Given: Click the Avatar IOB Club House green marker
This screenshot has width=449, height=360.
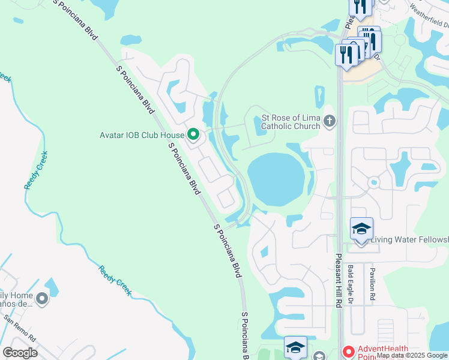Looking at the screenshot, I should tap(193, 135).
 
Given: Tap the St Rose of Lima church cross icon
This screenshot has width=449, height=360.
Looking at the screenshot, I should tap(329, 121).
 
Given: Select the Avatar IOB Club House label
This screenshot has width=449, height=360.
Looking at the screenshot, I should tap(141, 135).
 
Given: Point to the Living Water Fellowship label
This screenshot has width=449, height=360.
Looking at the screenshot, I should tap(409, 240).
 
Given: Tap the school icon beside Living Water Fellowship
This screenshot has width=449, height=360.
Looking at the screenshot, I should tap(361, 229).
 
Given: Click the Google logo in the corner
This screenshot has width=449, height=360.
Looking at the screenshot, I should tap(20, 353).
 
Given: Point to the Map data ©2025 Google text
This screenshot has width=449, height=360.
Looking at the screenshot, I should tap(412, 355).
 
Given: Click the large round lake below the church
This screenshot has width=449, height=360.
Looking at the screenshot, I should tap(276, 179).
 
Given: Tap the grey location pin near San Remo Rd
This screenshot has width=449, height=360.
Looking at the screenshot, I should tap(42, 298).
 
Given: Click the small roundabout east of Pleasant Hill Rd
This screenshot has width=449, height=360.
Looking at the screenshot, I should tap(373, 181).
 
